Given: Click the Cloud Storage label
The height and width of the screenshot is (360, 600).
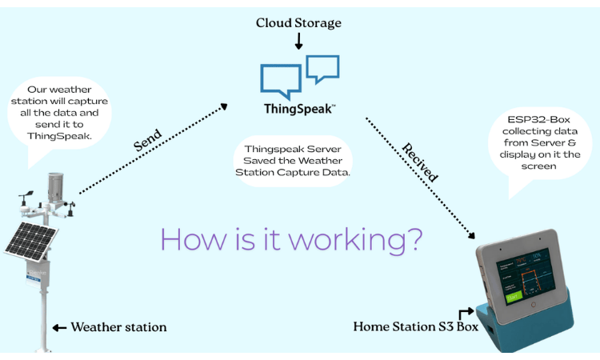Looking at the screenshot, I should (298, 22).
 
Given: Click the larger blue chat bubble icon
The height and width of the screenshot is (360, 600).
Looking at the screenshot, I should (281, 81).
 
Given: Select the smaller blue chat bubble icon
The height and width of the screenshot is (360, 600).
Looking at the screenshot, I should (322, 67).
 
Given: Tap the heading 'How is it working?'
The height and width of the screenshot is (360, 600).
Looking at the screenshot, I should (292, 238).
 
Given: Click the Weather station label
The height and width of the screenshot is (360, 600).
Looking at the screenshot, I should (118, 326).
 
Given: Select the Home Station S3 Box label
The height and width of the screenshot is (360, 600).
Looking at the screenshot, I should (403, 326).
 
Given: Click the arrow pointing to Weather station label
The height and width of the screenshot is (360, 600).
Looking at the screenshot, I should (58, 327).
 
